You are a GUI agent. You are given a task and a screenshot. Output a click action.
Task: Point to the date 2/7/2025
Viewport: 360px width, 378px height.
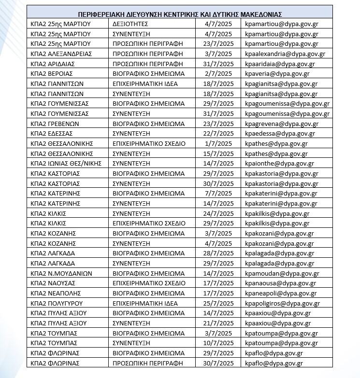pos(219,73)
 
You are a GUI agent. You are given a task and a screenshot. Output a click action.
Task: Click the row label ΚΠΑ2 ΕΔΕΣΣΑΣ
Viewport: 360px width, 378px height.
pos(51,134)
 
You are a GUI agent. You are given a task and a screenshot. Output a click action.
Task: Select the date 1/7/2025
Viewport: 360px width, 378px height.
pos(219,143)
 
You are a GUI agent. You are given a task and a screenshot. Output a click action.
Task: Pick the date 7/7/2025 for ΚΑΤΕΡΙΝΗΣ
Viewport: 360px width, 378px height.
pos(219,194)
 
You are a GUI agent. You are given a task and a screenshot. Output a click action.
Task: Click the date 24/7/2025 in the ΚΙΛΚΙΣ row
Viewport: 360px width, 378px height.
pos(219,213)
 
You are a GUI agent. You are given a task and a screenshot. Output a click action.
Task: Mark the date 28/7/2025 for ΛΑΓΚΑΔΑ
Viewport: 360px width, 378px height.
pos(219,253)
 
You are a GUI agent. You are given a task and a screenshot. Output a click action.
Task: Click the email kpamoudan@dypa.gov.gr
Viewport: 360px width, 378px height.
pos(282,273)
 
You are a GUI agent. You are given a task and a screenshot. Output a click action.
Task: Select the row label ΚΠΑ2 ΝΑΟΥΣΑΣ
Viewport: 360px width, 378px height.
pos(52,283)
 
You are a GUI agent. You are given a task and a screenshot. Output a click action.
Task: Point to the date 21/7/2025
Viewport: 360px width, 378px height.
pos(219,323)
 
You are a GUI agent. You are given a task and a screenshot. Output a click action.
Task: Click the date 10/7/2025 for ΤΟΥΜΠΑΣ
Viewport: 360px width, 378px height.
pos(219,343)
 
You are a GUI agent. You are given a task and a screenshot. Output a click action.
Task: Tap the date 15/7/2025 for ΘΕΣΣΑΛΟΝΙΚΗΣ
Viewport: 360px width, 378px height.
pos(219,154)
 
